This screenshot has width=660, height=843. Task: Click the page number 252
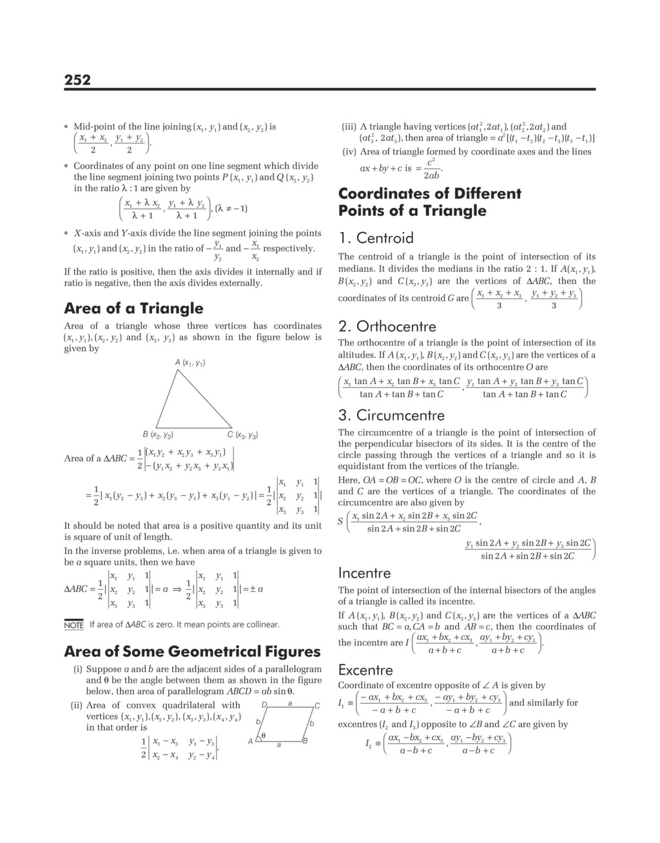77,80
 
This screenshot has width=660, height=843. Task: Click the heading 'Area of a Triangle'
133,308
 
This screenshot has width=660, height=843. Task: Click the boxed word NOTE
74,625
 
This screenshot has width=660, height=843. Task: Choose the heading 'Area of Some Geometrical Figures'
192,652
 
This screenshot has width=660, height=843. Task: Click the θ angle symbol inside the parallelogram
264,735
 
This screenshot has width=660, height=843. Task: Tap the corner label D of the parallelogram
264,704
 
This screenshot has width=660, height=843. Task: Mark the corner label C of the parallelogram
317,705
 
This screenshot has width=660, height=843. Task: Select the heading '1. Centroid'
376,238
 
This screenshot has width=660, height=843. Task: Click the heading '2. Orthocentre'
387,326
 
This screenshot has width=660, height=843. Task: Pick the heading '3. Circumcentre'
391,415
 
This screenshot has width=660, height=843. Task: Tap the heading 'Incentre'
364,573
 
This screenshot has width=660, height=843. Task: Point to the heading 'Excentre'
365,670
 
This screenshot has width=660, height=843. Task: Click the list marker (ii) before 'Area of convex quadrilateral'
76,705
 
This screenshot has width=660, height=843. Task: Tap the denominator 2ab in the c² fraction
431,175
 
